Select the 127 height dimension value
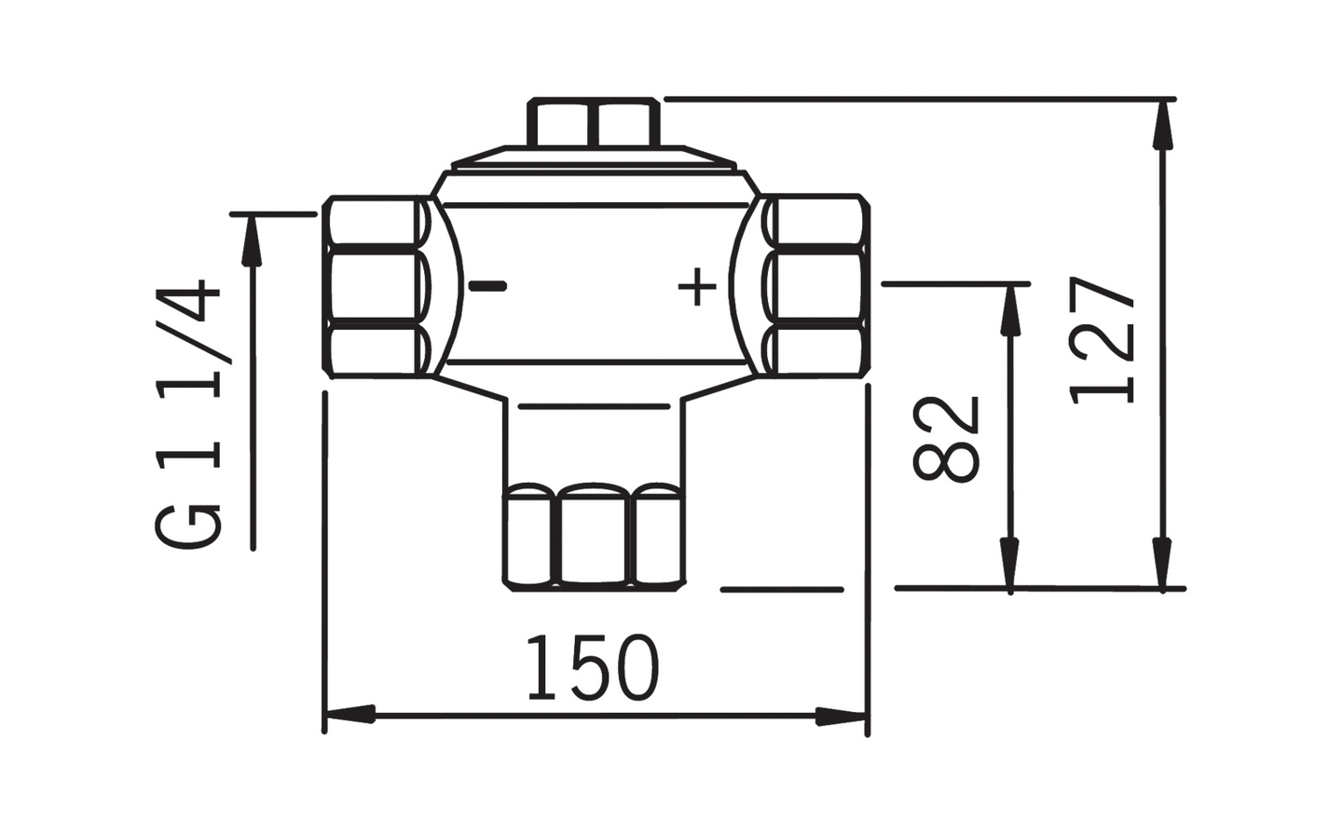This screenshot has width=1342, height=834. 1102,340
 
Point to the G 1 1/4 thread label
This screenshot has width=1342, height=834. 188,414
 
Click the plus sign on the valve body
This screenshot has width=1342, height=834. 697,287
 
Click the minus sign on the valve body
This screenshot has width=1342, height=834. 487,286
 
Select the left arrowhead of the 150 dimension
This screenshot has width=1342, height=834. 349,715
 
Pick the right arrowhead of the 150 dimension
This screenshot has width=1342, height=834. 842,716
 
